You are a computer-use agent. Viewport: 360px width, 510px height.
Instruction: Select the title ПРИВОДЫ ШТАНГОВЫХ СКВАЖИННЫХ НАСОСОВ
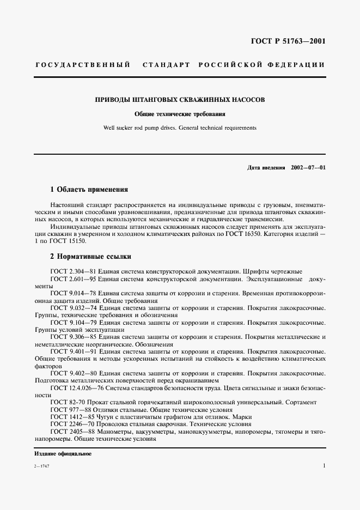pos(180,100)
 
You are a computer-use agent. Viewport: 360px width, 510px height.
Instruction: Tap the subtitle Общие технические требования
pos(180,114)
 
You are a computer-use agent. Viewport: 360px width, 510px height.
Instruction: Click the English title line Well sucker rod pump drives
pos(180,128)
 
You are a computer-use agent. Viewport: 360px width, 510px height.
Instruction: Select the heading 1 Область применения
pos(89,190)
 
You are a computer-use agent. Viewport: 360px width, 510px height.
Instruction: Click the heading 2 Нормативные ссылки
pos(90,256)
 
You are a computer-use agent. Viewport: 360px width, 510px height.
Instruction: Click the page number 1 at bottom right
pos(324,466)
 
